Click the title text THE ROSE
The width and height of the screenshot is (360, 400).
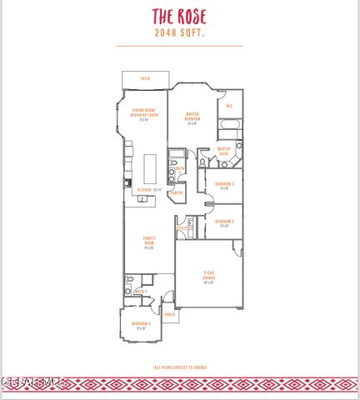[x=180, y=17]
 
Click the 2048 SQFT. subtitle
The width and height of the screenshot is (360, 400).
[x=180, y=33]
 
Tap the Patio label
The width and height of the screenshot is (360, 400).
[x=145, y=79]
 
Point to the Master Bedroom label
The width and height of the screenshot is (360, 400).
[x=192, y=117]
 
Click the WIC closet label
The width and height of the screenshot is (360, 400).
[x=229, y=106]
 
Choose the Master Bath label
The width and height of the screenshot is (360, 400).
[x=223, y=151]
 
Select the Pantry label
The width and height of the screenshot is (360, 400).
[x=177, y=192]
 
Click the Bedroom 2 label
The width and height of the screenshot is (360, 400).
[x=223, y=185]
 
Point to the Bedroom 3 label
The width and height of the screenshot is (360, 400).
[x=223, y=222]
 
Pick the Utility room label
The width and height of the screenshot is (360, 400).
[x=182, y=227]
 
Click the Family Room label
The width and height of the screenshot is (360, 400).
[x=149, y=242]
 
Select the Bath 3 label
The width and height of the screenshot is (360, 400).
[x=140, y=291]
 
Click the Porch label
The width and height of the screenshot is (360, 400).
[x=169, y=315]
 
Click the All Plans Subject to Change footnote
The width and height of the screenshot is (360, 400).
[x=180, y=367]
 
